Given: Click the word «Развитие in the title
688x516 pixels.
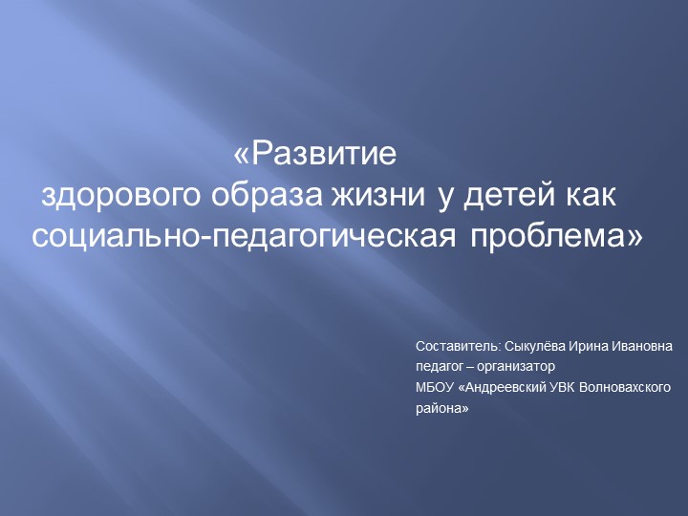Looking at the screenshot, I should coord(314,154).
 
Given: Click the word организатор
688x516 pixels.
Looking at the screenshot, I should coord(516,366).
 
